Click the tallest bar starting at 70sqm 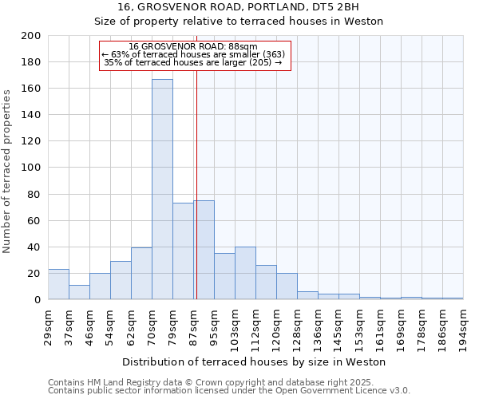point(162,189)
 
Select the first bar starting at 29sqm point(58,284)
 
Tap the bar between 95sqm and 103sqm point(224,276)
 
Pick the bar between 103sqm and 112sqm point(245,274)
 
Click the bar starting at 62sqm point(141,274)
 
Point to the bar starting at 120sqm point(287,286)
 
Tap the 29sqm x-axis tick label point(49,325)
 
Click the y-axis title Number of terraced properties point(7,172)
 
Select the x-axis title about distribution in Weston point(254,361)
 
